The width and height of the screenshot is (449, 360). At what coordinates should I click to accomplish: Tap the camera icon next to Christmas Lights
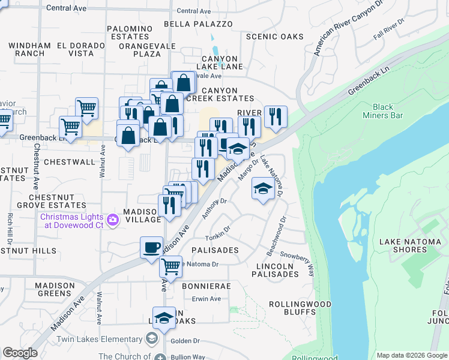point(112,221)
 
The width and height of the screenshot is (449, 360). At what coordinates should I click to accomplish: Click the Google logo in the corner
point(20,353)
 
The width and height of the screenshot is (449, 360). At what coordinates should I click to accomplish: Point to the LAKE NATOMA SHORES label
point(410,246)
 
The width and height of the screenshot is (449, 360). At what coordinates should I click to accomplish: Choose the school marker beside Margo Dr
point(263,190)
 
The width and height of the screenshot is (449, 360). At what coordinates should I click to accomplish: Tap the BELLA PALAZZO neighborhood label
point(197,24)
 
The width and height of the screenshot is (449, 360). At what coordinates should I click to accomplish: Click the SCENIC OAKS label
point(276,37)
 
